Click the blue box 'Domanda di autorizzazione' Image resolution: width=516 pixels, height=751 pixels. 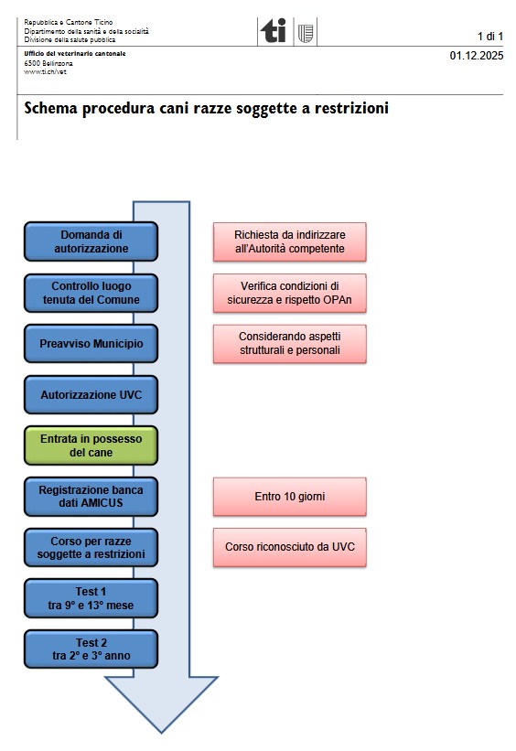91,241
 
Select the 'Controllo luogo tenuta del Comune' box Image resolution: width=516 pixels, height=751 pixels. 91,293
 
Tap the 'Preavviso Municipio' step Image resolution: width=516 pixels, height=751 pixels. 91,343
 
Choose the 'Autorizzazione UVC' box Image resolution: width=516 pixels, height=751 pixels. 91,394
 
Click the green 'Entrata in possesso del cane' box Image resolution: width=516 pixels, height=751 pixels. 91,445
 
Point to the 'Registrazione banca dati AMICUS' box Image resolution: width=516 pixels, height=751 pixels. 91,496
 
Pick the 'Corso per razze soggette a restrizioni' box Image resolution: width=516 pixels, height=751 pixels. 91,547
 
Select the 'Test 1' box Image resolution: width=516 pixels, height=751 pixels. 91,598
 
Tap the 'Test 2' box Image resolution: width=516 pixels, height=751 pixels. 91,649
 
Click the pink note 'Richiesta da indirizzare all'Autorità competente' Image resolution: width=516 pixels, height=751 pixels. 290,241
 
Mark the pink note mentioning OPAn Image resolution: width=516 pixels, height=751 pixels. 290,293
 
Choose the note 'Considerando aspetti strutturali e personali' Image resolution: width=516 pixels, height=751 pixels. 290,343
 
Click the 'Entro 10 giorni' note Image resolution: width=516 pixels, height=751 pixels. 290,497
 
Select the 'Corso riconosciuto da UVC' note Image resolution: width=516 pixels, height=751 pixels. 290,547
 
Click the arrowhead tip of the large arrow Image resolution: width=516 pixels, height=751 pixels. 161,733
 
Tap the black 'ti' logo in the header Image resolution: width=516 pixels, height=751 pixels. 274,31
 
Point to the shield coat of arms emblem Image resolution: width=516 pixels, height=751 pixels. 306,33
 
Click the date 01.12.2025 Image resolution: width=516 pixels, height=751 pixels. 477,56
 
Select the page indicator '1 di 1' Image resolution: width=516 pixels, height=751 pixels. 490,37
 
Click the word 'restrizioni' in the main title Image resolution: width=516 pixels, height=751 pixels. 351,108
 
